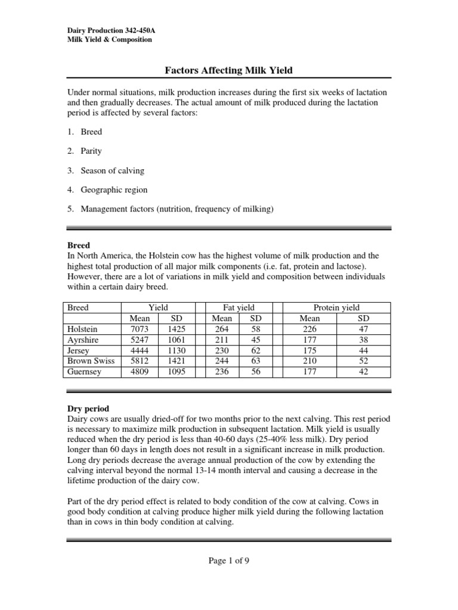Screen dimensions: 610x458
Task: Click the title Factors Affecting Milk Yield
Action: point(228,70)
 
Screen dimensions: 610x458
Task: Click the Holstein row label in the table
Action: point(83,329)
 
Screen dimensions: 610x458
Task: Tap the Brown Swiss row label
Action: point(91,361)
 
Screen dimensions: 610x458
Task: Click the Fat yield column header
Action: point(239,307)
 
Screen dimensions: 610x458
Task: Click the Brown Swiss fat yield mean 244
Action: point(222,361)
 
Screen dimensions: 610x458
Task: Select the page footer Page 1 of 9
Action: point(228,561)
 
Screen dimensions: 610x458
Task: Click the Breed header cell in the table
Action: point(78,307)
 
